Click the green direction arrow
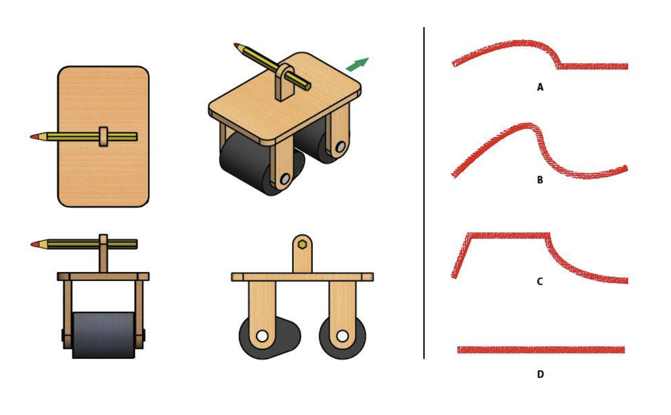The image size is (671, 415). click(357, 65)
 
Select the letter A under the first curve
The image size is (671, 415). click(540, 87)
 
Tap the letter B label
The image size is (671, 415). click(540, 180)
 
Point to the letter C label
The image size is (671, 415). click(540, 282)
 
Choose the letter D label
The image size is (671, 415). click(541, 374)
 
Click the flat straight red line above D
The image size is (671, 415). click(541, 350)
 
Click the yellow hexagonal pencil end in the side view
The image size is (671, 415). click(303, 245)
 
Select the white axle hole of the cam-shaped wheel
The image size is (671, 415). click(262, 336)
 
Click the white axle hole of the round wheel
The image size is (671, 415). click(342, 336)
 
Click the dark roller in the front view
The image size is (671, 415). click(103, 335)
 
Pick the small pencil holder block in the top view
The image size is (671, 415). click(103, 137)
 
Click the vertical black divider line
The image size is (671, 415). click(424, 193)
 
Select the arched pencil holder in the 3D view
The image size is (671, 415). click(284, 82)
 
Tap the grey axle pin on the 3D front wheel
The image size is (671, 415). click(285, 179)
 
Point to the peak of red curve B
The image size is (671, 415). click(526, 125)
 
